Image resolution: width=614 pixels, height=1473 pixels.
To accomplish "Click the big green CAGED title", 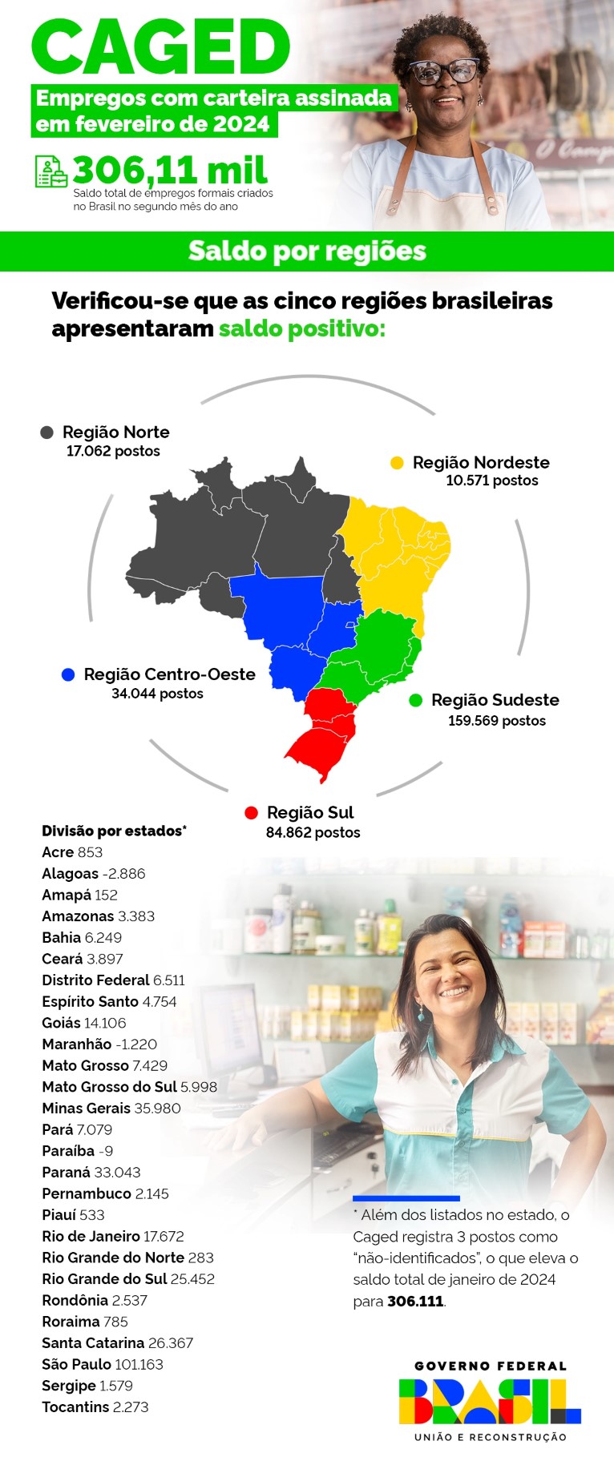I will pyautogui.click(x=160, y=48).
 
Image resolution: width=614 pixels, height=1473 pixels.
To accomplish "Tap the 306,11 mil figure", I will pyautogui.click(x=170, y=170).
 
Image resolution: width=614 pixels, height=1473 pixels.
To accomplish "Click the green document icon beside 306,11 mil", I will pyautogui.click(x=51, y=171).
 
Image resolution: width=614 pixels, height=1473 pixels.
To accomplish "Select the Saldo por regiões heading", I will pyautogui.click(x=307, y=252).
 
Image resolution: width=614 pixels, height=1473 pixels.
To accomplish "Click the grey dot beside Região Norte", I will pyautogui.click(x=47, y=433).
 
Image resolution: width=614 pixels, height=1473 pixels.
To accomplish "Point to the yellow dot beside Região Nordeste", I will pyautogui.click(x=397, y=463).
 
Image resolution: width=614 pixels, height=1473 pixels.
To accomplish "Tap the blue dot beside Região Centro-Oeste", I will pyautogui.click(x=68, y=674).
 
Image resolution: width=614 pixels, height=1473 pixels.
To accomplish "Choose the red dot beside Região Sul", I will pyautogui.click(x=251, y=813).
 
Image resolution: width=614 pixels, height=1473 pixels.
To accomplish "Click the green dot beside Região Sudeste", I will pyautogui.click(x=415, y=701).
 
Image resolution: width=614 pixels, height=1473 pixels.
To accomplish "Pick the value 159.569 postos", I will pyautogui.click(x=497, y=721).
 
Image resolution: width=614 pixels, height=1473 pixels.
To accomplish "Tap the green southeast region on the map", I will pyautogui.click(x=377, y=649).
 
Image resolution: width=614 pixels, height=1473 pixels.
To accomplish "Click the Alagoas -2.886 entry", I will pyautogui.click(x=94, y=874).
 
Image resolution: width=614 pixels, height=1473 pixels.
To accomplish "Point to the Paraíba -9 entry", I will pyautogui.click(x=78, y=1151).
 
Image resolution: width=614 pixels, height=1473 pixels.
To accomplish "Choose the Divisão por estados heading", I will pyautogui.click(x=114, y=831).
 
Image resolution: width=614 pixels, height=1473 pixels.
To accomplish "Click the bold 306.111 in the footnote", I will pyautogui.click(x=415, y=1302).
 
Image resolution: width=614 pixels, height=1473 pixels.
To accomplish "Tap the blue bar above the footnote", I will pyautogui.click(x=406, y=1198).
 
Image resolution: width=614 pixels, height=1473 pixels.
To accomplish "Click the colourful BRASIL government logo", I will pyautogui.click(x=490, y=1401).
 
